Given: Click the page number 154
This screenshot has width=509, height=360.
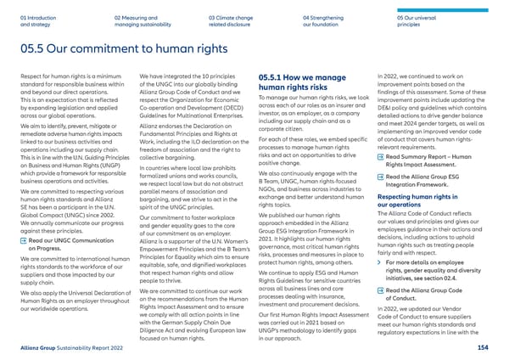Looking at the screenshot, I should [x=495, y=348].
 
